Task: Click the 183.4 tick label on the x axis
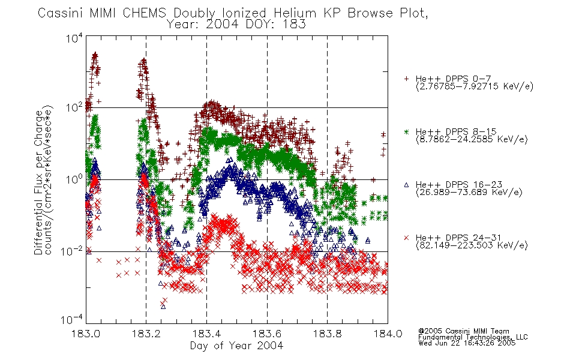[206, 334]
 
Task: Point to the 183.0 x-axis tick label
[86, 334]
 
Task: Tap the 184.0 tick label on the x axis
[388, 334]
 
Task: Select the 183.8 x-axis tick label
[327, 334]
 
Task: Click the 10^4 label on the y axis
[74, 38]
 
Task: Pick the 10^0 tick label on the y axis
[74, 179]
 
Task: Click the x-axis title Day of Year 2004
[236, 346]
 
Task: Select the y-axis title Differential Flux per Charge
[38, 182]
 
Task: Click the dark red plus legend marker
[406, 79]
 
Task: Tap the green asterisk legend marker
[406, 131]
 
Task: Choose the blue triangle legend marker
[406, 185]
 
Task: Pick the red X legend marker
[406, 238]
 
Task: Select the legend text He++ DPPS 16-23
[459, 184]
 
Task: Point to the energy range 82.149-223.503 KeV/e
[472, 245]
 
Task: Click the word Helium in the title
[296, 13]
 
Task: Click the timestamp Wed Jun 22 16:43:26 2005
[467, 343]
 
